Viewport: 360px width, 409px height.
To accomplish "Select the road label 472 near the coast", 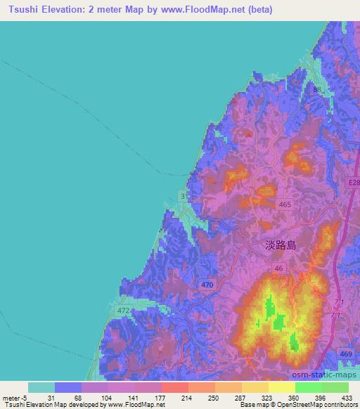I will click(124, 310).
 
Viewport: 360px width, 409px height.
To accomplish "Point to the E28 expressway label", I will click(352, 183).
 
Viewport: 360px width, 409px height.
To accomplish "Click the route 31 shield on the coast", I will click(184, 196).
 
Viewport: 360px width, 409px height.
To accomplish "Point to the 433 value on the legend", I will click(348, 397).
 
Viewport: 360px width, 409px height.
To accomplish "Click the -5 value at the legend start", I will click(25, 397).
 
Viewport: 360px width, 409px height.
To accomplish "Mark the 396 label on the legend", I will click(321, 397).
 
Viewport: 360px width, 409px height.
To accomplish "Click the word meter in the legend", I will click(10, 397).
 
